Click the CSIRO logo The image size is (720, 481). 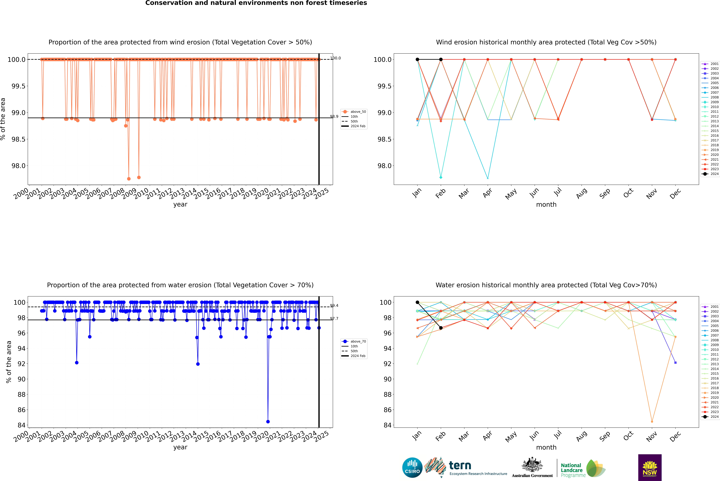coord(412,468)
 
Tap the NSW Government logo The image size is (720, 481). coord(650,468)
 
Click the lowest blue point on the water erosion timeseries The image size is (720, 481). coord(268,421)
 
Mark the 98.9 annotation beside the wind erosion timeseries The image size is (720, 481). coord(334,117)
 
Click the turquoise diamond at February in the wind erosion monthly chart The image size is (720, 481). coord(441,177)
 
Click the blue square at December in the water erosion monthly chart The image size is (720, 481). coord(675,363)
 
